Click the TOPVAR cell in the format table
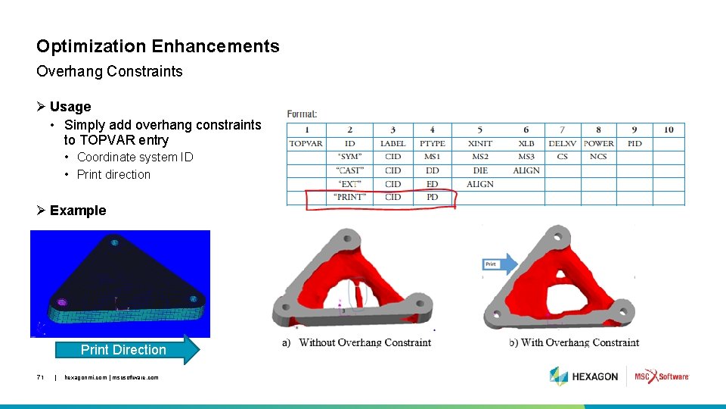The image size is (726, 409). [306, 143]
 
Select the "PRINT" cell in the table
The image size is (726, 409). [350, 198]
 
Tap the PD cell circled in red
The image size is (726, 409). [433, 198]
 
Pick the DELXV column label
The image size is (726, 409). [562, 143]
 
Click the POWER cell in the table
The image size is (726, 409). [598, 143]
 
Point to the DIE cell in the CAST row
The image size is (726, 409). [480, 170]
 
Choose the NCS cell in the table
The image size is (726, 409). [598, 157]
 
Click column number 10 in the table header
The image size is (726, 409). [669, 130]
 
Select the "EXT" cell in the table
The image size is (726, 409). [350, 184]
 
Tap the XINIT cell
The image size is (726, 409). [480, 143]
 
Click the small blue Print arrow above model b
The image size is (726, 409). [499, 264]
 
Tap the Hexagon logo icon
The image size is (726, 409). [559, 376]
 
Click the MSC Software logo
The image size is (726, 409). [662, 376]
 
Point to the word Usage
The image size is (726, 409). [70, 107]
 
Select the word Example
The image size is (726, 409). [78, 211]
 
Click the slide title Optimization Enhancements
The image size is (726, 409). [158, 46]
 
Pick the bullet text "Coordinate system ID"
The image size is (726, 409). [135, 158]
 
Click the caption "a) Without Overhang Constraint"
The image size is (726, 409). [358, 343]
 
